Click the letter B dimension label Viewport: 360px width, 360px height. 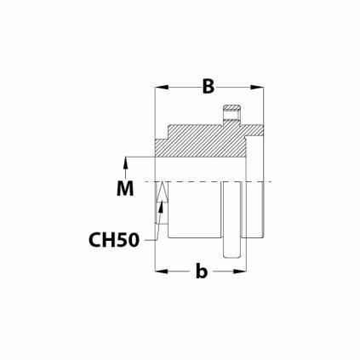tap(207, 86)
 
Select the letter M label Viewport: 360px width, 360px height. tap(125, 188)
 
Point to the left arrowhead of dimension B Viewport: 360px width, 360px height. tap(158, 87)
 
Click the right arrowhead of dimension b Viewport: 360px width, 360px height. tap(231, 271)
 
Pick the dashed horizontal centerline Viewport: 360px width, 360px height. tap(213, 182)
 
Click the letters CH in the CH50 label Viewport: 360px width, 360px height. tap(101, 239)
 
